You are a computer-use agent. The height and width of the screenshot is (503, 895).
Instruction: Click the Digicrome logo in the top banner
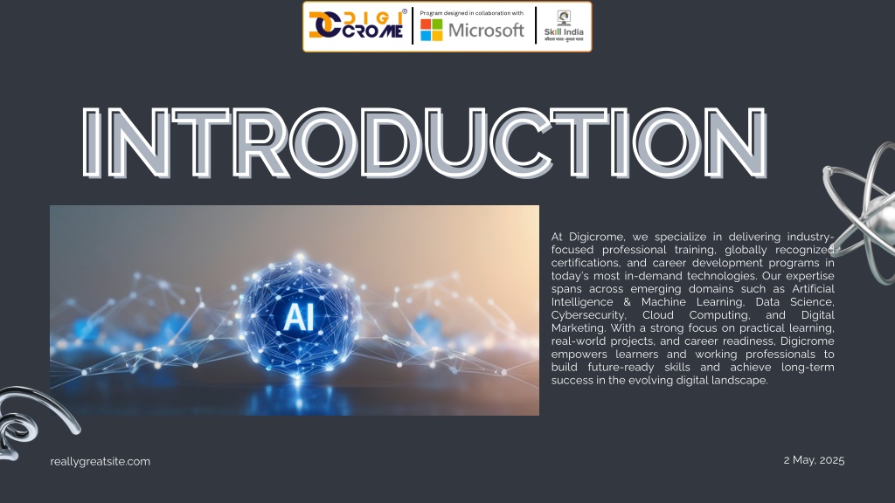click(x=357, y=25)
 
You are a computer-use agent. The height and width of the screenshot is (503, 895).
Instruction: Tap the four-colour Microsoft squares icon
click(x=432, y=31)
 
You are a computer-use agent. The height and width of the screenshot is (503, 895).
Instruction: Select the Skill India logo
click(x=564, y=25)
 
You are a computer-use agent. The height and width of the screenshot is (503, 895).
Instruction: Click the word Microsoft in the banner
click(x=486, y=31)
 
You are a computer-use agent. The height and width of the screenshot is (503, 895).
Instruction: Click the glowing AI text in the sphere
click(x=299, y=317)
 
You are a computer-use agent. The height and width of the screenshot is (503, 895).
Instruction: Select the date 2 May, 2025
click(x=814, y=460)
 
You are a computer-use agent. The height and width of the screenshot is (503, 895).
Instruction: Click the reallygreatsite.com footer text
click(x=100, y=461)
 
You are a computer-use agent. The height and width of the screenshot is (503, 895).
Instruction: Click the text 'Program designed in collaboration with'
click(x=471, y=13)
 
